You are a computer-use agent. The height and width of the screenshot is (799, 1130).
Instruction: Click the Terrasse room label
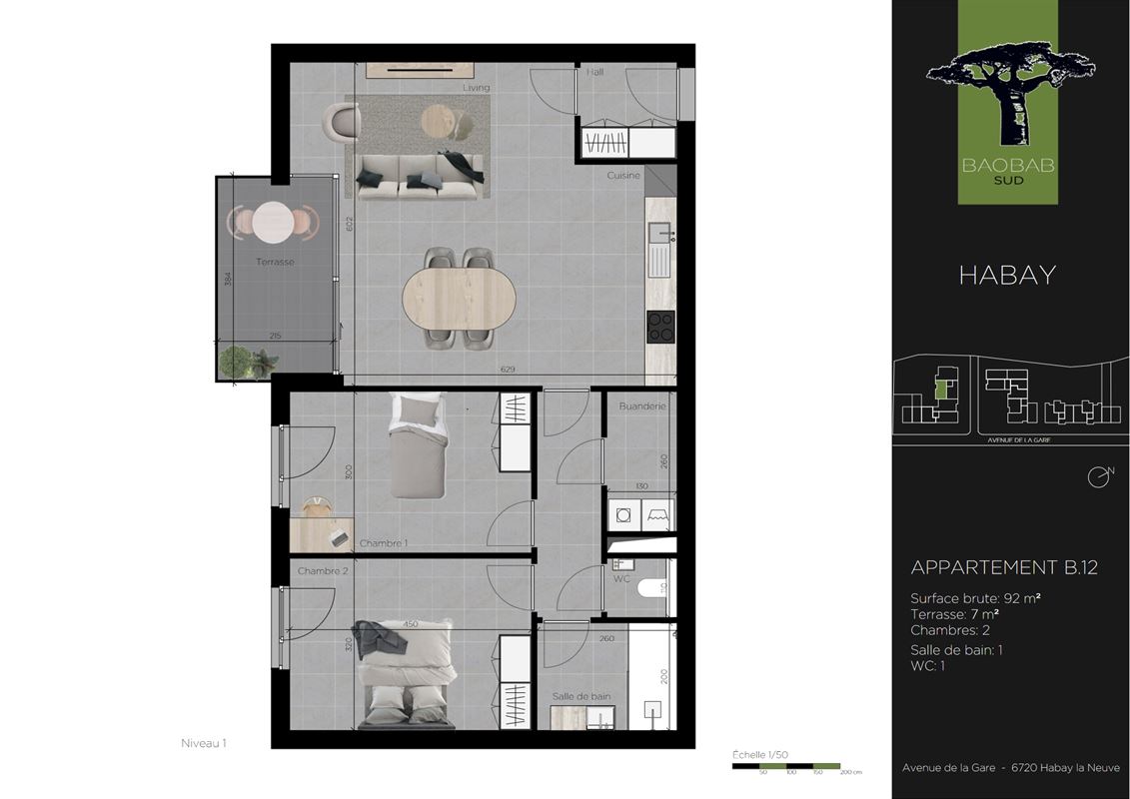pyautogui.click(x=275, y=262)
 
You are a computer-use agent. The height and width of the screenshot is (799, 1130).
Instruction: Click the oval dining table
pyautogui.click(x=460, y=298)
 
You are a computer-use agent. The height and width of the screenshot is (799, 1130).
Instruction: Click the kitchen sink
pyautogui.click(x=659, y=250)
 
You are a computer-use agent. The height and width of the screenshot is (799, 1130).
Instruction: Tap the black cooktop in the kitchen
pyautogui.click(x=660, y=327)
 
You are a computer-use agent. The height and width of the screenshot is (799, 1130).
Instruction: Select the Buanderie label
pyautogui.click(x=641, y=406)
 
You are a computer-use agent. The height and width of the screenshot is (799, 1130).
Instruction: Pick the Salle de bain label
pyautogui.click(x=581, y=696)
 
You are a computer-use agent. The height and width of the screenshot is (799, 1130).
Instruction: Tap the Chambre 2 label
pyautogui.click(x=323, y=571)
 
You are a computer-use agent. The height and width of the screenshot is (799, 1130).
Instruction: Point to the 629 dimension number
pyautogui.click(x=508, y=371)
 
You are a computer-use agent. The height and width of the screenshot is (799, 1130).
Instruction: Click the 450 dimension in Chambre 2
pyautogui.click(x=411, y=625)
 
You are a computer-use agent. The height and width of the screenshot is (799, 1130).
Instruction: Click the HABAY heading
pyautogui.click(x=1007, y=276)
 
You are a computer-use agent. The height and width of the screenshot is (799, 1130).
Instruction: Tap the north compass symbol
pyautogui.click(x=1099, y=476)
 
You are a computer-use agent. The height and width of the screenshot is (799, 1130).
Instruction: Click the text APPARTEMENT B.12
pyautogui.click(x=1004, y=567)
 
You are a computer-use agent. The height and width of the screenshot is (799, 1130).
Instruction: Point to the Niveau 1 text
pyautogui.click(x=204, y=743)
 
